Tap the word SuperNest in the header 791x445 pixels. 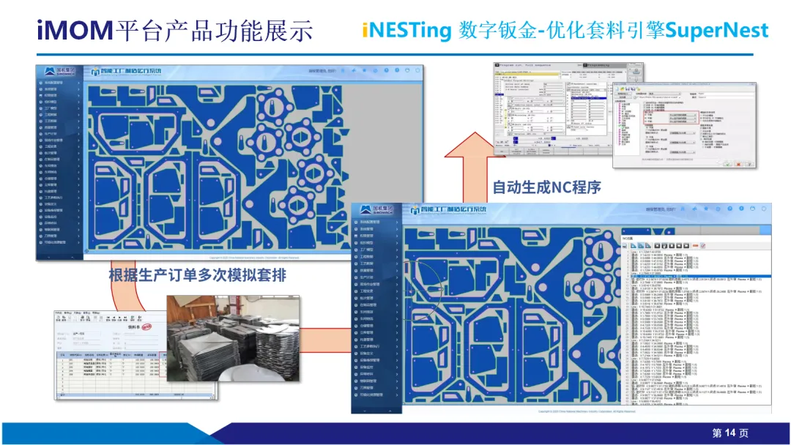coord(717,31)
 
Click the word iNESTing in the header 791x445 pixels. coord(408,31)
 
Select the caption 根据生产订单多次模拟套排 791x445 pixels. coord(197,276)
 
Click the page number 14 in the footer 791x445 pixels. coord(730,433)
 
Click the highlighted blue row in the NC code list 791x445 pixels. coord(696,276)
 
